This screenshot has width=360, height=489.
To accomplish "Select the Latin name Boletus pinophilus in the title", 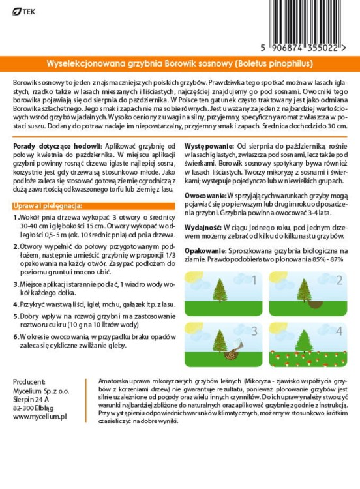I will (x=272, y=64).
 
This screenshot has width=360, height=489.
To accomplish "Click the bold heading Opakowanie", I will (x=207, y=250).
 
